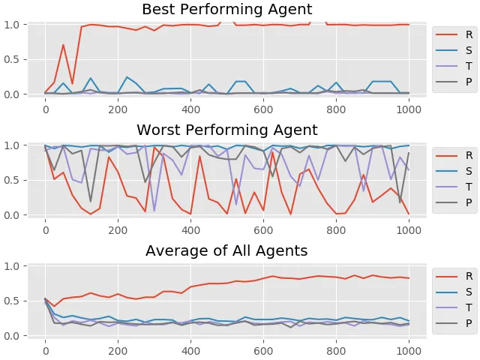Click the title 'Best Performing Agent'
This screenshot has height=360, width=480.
tap(226, 10)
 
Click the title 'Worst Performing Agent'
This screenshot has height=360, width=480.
tap(226, 130)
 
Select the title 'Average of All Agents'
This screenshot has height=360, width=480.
tap(226, 250)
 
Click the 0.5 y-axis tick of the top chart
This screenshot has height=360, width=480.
tap(12, 60)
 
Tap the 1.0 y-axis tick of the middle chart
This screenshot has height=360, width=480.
tap(12, 145)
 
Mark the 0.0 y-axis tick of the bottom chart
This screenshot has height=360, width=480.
tap(12, 336)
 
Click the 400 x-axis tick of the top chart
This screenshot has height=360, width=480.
tap(190, 109)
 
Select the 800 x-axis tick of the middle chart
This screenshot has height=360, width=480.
tap(336, 230)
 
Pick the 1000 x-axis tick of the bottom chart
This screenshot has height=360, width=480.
tap(409, 351)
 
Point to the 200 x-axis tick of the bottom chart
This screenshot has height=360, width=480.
tap(118, 351)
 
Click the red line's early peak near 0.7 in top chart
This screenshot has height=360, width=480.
tap(63, 45)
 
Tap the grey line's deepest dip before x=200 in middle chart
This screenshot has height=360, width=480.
tap(91, 202)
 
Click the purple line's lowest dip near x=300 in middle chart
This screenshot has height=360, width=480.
tap(154, 211)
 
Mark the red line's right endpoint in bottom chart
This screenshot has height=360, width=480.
tap(409, 278)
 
